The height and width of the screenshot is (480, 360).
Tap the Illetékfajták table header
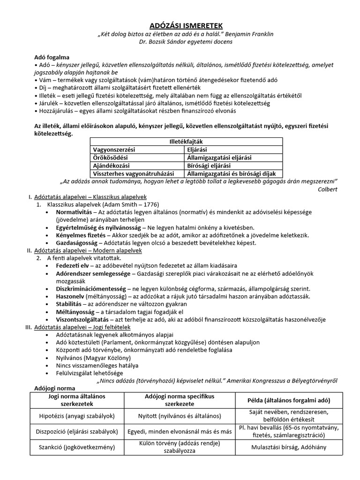186,141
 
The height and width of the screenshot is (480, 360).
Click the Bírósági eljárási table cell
209,165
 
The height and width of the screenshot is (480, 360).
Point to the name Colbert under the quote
327,189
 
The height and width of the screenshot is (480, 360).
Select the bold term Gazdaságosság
76,243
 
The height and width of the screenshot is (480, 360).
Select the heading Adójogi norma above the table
55,388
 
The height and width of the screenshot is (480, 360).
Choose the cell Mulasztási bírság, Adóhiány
289,447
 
